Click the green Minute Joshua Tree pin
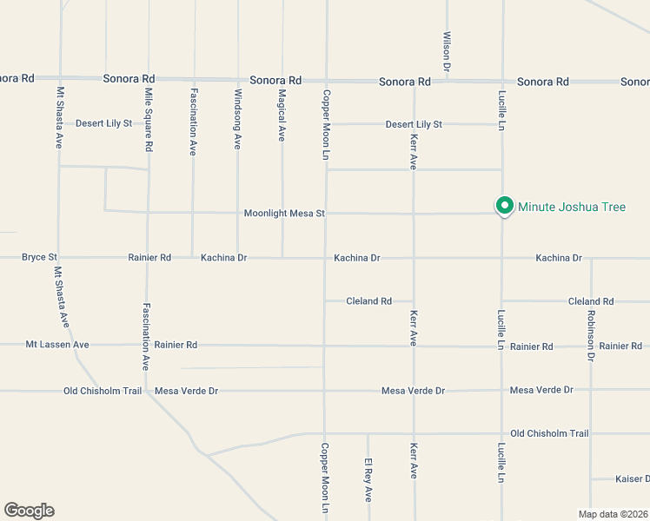click(x=504, y=206)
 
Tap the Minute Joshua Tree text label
click(x=572, y=207)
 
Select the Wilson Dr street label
click(x=447, y=51)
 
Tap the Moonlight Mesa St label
click(x=284, y=213)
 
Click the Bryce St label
click(x=39, y=257)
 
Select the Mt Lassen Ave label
click(x=57, y=345)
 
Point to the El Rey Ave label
click(x=368, y=481)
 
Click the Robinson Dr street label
click(x=591, y=335)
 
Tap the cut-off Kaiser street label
click(x=633, y=478)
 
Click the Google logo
click(x=29, y=511)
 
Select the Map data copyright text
click(x=613, y=514)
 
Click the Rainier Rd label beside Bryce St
click(x=149, y=257)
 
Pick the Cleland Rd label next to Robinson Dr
click(x=591, y=301)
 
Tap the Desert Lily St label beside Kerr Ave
click(x=414, y=124)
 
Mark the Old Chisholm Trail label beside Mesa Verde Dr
click(x=103, y=391)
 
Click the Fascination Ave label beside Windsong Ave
click(x=193, y=122)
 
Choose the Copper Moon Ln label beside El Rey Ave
click(x=324, y=478)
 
